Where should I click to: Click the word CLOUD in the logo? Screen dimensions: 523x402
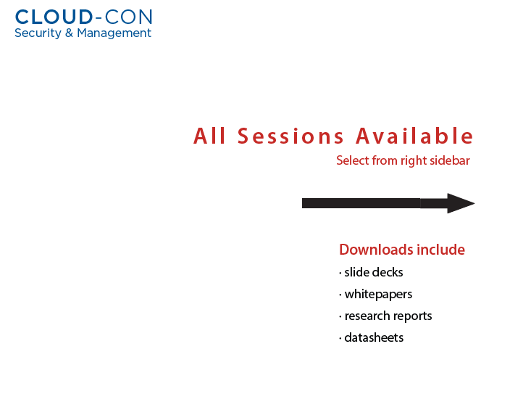[x=54, y=17]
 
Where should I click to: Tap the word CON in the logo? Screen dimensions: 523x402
[x=129, y=17]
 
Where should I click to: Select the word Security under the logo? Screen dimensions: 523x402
[x=38, y=33]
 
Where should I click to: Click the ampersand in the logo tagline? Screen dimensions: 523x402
[x=69, y=33]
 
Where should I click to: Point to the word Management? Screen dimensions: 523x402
[x=114, y=33]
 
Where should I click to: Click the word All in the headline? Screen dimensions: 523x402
[x=209, y=136]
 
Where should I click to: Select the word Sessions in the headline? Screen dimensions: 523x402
[x=290, y=136]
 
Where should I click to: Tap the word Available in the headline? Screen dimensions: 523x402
[x=414, y=136]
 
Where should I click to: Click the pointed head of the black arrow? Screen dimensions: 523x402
[x=474, y=203]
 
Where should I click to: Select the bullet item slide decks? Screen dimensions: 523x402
[x=374, y=272]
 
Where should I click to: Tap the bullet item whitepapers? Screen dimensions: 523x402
[x=378, y=295]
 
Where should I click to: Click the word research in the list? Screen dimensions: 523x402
[x=367, y=316]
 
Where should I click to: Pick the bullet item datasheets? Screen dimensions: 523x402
[x=374, y=337]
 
